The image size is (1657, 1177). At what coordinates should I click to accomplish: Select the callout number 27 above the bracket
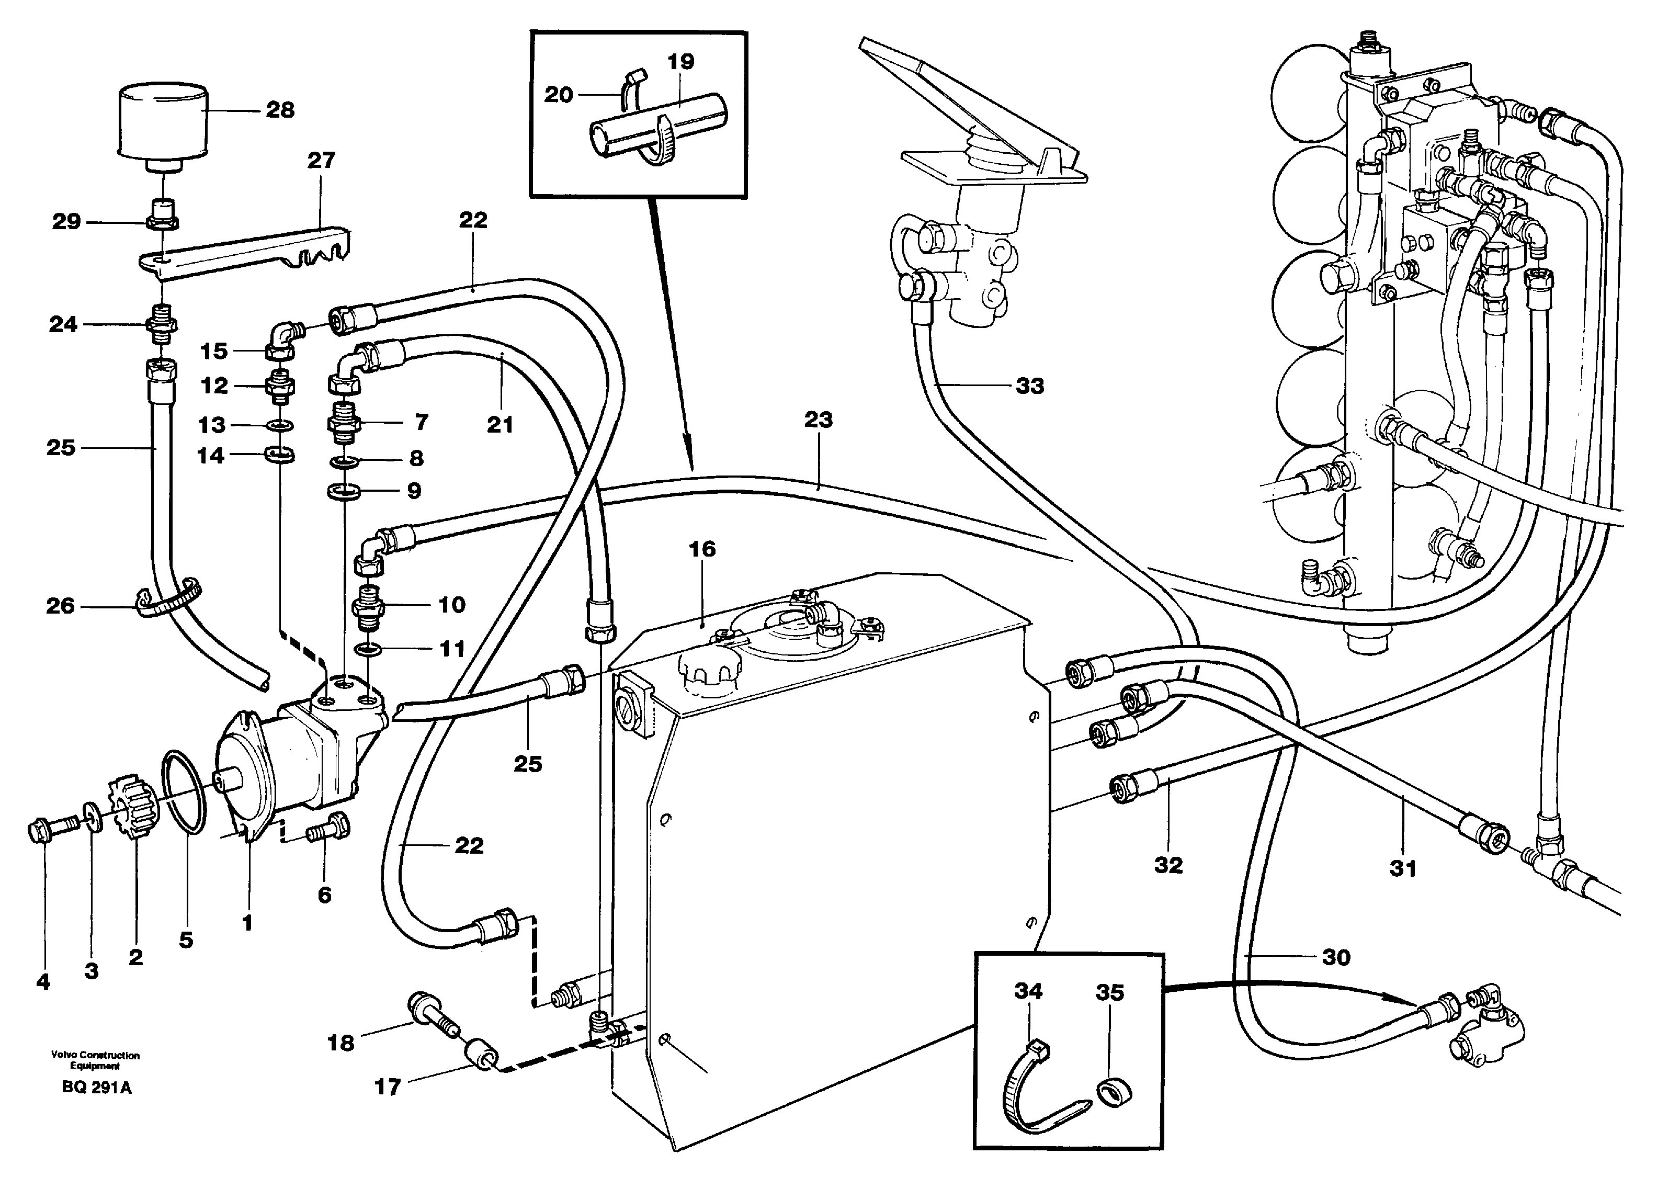click(321, 160)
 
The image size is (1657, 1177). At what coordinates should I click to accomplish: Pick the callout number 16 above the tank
click(701, 549)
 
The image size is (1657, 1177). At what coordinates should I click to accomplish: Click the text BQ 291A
click(96, 1088)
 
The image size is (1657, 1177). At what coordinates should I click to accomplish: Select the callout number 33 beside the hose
click(1029, 386)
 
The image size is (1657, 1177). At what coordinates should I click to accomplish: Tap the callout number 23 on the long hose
click(818, 420)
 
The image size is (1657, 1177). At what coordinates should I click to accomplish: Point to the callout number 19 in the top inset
click(680, 62)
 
